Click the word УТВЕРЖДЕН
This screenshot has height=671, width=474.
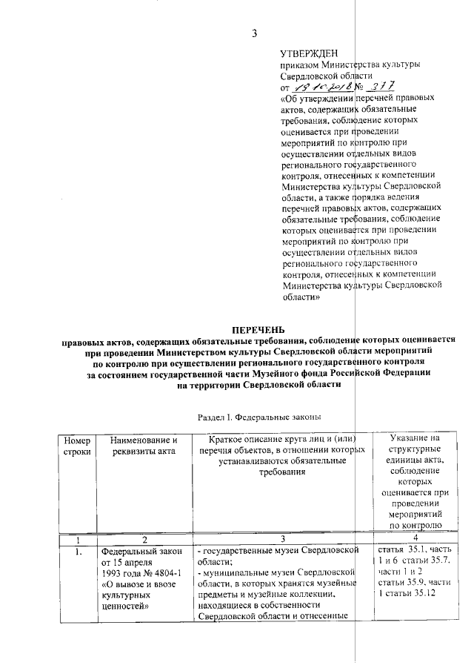tap(309, 53)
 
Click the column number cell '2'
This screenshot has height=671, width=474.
tap(144, 539)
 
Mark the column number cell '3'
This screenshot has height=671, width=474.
tap(282, 539)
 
